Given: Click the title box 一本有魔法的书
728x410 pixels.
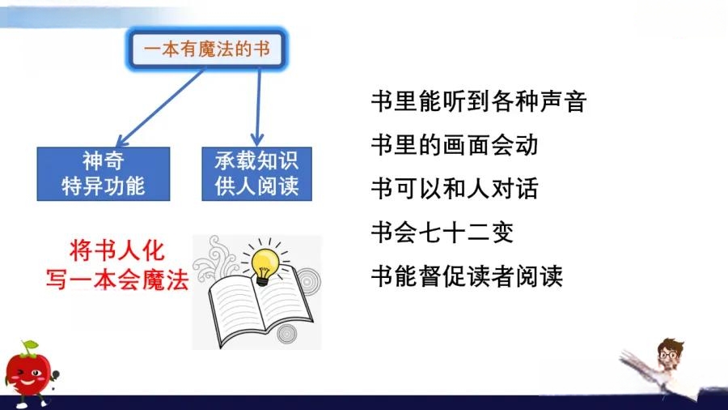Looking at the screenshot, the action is pos(207,49).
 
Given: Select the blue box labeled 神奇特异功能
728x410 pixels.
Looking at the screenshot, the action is pos(104,174).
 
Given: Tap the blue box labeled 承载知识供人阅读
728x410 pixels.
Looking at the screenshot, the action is pos(256,174).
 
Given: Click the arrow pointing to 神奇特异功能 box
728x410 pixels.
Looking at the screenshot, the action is pos(160,108).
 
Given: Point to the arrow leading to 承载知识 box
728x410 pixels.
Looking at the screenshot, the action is pos(258,108).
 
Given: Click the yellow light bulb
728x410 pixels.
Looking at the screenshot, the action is pos(265,266).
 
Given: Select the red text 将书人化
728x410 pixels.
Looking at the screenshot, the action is pos(117,251).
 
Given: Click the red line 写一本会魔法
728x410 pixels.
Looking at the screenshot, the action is pos(117,280).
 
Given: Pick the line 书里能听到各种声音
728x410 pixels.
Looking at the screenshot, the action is pos(479,101).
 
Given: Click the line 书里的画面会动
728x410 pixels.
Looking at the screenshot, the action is pos(455,145).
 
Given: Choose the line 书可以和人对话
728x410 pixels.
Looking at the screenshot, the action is pos(455,189).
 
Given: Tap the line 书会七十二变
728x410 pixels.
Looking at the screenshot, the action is pos(442,233).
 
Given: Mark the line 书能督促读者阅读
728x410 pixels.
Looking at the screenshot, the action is pos(467,276).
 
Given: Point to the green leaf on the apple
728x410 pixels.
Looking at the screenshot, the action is pos(31,346).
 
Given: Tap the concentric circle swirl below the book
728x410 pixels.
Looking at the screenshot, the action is pos(286,334).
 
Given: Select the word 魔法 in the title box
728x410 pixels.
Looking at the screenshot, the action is pos(212,49).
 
